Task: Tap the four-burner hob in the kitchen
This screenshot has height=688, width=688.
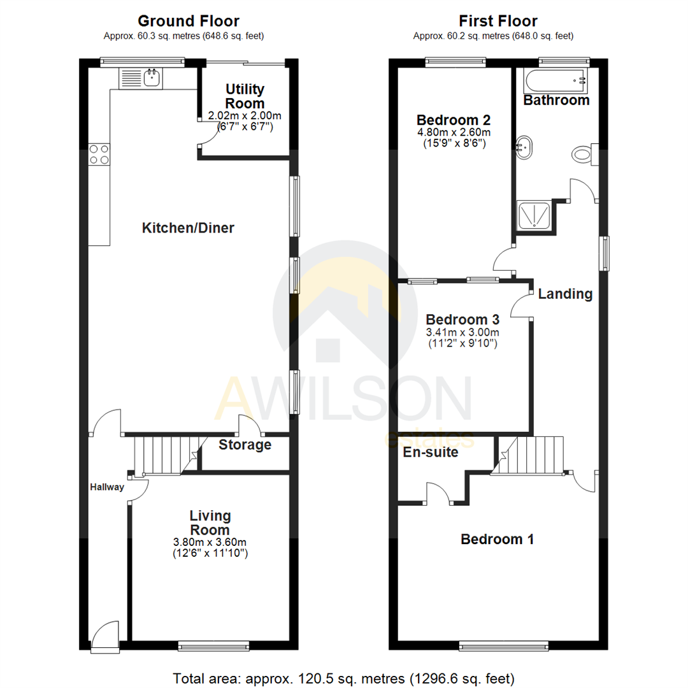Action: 98,154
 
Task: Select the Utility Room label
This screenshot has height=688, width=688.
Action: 245,96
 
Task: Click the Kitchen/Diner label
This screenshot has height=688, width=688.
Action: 188,227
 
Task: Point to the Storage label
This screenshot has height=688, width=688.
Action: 245,445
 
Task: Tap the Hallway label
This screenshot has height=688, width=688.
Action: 106,487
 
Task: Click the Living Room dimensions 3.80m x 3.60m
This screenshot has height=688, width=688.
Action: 210,542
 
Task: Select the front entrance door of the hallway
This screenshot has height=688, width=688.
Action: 104,635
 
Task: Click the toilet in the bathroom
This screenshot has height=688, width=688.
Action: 583,154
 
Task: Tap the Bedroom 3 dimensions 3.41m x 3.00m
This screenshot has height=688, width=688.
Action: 462,332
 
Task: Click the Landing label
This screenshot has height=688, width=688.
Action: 565,294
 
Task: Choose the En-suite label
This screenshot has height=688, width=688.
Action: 431,453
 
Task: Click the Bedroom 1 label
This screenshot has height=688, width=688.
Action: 497,540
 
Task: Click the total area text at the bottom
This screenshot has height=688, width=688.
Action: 343,677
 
